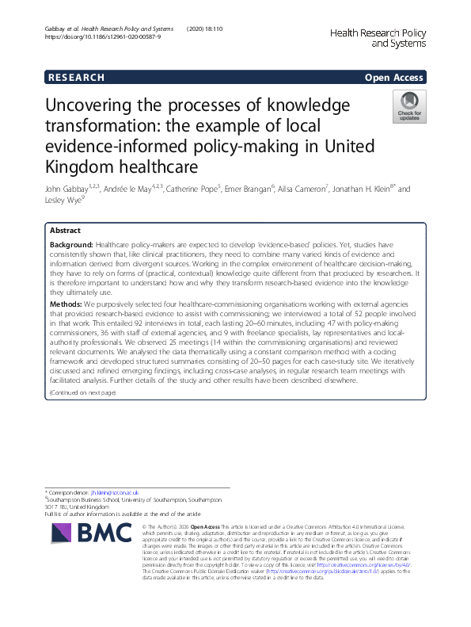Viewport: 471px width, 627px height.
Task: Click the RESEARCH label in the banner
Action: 76,78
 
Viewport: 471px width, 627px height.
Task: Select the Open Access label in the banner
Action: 393,78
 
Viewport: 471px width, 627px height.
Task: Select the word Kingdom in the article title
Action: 82,166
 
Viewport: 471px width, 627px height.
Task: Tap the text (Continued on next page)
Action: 82,393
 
